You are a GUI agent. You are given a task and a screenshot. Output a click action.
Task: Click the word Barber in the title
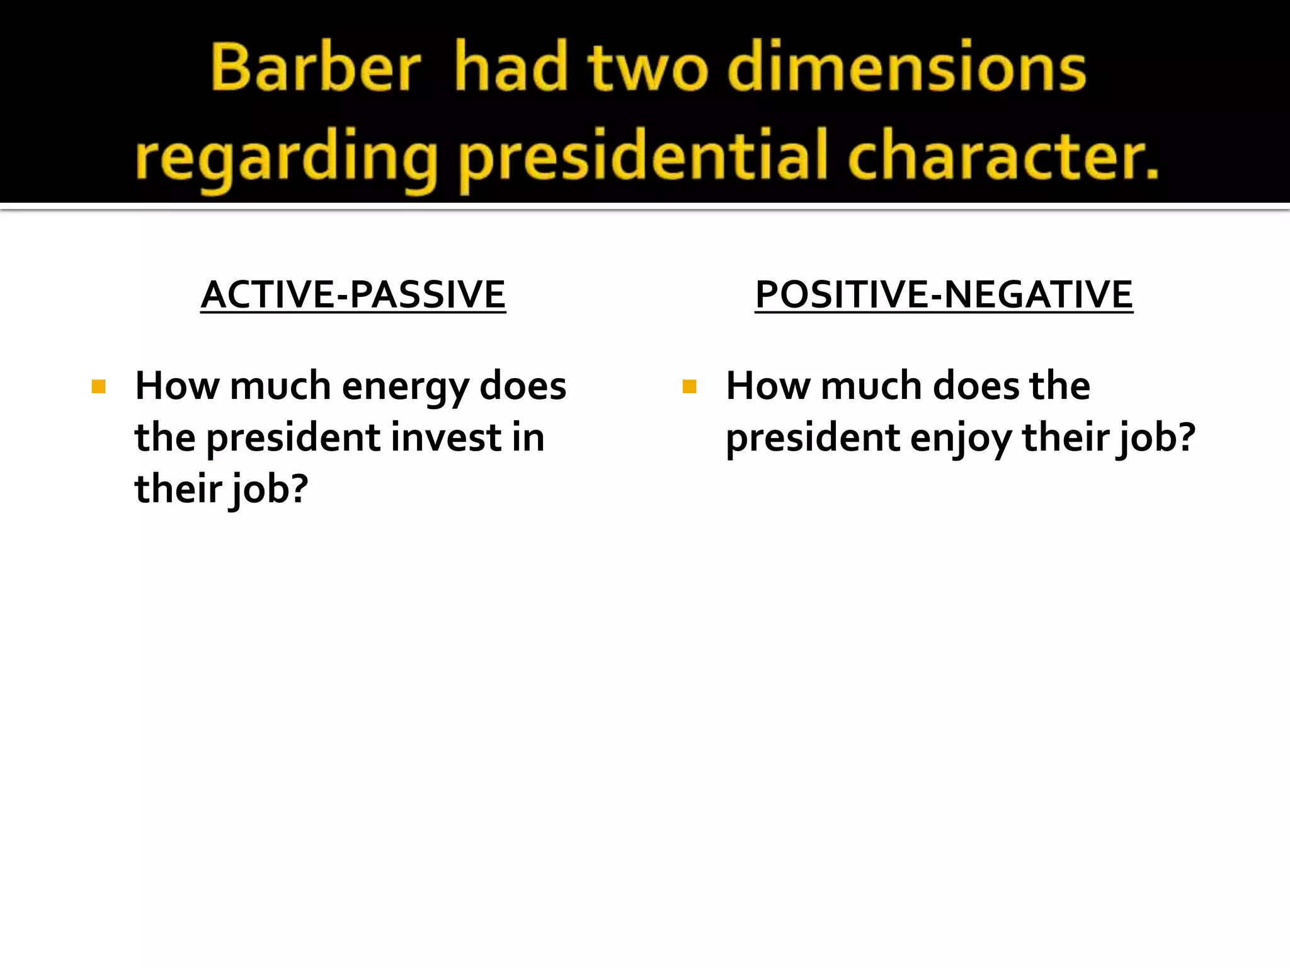[x=315, y=68]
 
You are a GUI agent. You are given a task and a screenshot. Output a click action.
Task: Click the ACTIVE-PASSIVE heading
[x=353, y=295]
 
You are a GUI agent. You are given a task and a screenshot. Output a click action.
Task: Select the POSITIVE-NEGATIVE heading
[x=944, y=295]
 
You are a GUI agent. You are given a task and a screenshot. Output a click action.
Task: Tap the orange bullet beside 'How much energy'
[x=98, y=386]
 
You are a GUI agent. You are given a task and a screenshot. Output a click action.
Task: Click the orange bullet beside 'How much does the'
[x=689, y=386]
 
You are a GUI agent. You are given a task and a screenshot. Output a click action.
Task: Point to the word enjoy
[x=960, y=439]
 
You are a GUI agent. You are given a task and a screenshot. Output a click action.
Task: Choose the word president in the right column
[x=813, y=439]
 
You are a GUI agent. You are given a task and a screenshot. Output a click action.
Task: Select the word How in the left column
[x=177, y=386]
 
